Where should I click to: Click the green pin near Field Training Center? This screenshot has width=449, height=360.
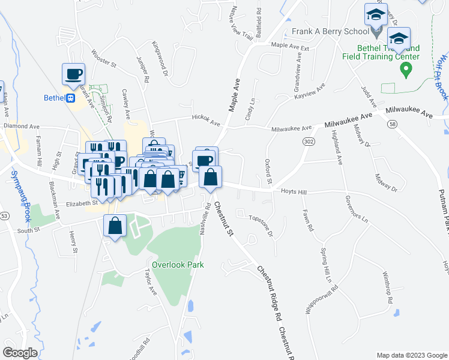[x=406, y=70]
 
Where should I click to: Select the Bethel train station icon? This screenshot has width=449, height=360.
[x=70, y=98]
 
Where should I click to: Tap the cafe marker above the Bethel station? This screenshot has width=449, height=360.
[x=74, y=75]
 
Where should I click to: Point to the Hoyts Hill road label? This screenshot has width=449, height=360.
[x=294, y=191]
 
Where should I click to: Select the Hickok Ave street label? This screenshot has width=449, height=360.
[x=206, y=121]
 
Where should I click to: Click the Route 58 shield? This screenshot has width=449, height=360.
[x=393, y=124]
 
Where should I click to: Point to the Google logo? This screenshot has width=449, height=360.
[x=20, y=353]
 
